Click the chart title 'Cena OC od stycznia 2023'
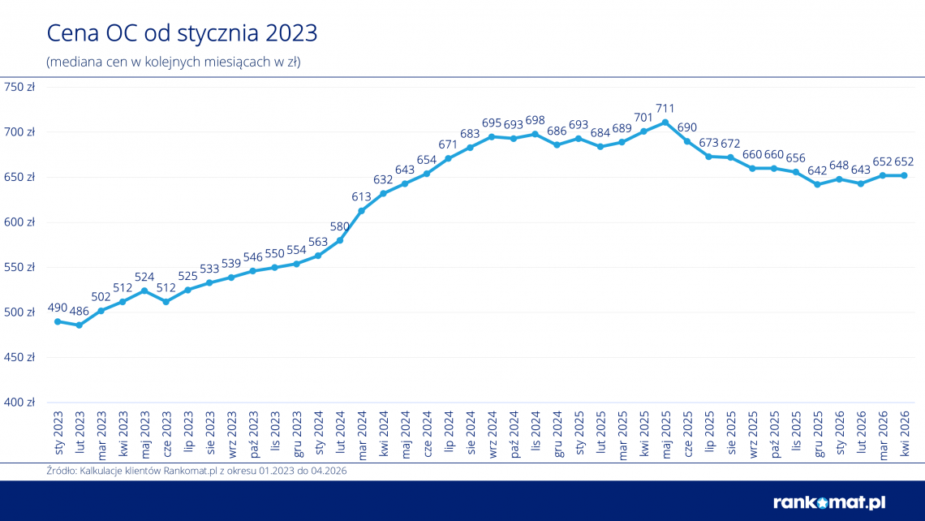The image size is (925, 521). (x=182, y=33)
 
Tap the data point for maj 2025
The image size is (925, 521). (x=665, y=123)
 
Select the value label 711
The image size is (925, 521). (x=665, y=109)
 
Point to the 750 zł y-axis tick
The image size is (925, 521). (x=19, y=88)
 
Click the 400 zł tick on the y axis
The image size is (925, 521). (x=19, y=403)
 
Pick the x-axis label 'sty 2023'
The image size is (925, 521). (x=58, y=433)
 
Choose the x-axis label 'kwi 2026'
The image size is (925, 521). (x=905, y=433)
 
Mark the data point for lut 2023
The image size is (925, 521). (x=80, y=325)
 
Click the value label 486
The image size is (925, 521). (x=79, y=312)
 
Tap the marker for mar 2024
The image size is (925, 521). (x=362, y=211)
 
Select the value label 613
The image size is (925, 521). (x=361, y=197)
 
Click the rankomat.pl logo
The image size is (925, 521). (x=829, y=502)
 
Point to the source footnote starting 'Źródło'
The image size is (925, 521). (x=196, y=471)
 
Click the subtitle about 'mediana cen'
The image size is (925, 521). (x=174, y=62)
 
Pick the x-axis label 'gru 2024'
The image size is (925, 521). (x=557, y=434)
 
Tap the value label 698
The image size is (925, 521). (x=535, y=120)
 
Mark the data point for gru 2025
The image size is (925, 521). (x=818, y=185)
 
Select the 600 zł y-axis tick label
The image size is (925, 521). (x=19, y=222)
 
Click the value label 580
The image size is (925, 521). (x=340, y=226)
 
